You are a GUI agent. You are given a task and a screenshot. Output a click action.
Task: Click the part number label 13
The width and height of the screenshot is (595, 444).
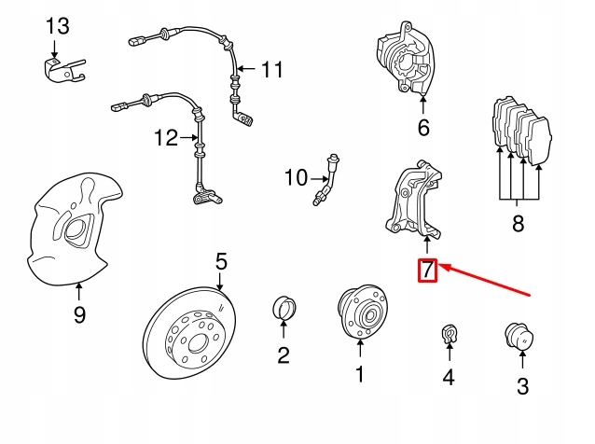pyautogui.click(x=57, y=24)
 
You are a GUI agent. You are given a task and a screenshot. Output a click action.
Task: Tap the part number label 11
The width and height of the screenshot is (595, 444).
pyautogui.click(x=270, y=70)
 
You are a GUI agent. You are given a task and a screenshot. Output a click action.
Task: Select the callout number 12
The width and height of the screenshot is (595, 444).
pyautogui.click(x=166, y=138)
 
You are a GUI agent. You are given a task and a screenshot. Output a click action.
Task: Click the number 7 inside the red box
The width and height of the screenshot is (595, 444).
pyautogui.click(x=426, y=271)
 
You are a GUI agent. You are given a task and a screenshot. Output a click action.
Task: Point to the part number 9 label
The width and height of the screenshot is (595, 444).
pyautogui.click(x=79, y=315)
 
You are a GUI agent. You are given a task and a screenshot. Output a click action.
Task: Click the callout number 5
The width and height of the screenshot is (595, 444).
pyautogui.click(x=221, y=261)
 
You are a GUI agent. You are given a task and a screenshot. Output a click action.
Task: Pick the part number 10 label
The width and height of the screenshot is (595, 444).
pyautogui.click(x=295, y=176)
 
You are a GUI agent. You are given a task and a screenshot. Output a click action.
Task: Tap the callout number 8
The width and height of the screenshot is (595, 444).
pyautogui.click(x=519, y=223)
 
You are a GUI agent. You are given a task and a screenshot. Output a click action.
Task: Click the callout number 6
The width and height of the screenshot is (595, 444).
pyautogui.click(x=423, y=128)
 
